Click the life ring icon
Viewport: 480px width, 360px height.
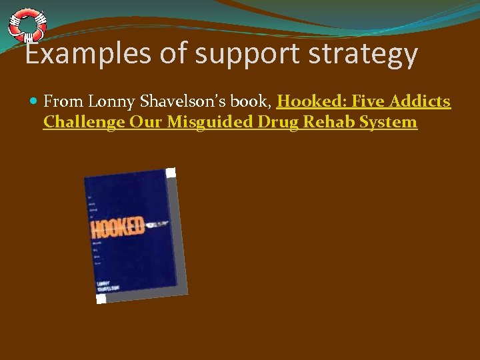click(x=27, y=25)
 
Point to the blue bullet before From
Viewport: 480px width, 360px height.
click(x=34, y=102)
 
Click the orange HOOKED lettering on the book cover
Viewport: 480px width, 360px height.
click(x=117, y=227)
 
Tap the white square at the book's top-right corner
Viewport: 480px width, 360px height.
click(x=171, y=173)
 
